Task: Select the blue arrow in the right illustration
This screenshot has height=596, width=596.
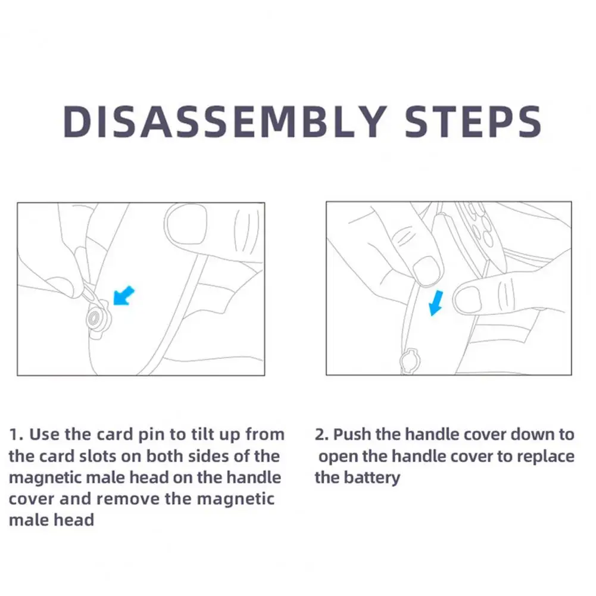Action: point(436,302)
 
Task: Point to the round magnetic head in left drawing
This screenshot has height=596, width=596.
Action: point(93,318)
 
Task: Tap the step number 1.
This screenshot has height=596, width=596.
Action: point(15,434)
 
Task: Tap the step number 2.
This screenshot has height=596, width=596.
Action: point(320,434)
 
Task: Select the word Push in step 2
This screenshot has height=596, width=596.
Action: point(352,434)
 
